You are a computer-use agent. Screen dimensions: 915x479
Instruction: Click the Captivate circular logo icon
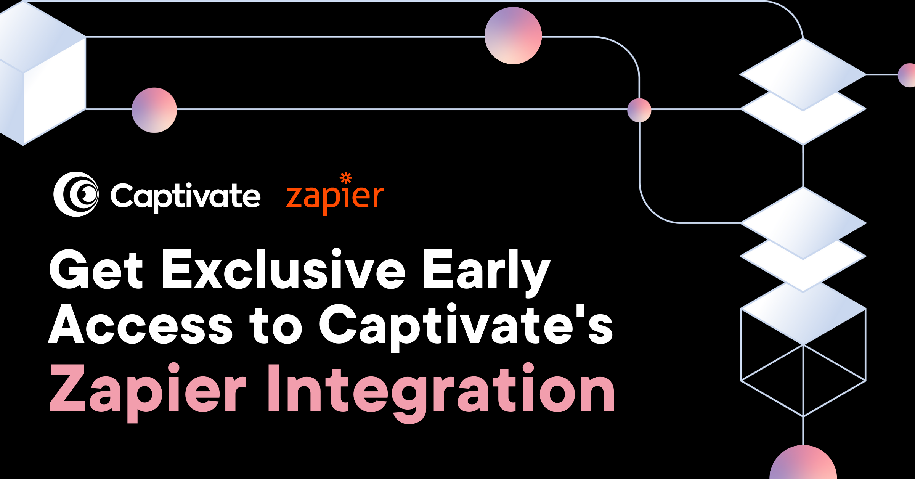[x=76, y=194]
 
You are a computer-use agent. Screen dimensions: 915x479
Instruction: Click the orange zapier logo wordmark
[x=335, y=194]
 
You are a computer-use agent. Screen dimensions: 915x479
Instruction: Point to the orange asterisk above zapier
[x=346, y=178]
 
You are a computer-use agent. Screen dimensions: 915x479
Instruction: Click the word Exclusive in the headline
[x=284, y=268]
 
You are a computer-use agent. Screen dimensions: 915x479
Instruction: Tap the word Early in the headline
[x=487, y=273]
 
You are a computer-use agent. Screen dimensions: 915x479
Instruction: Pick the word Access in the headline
[x=140, y=325]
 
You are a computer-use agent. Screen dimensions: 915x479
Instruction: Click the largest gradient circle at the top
[x=513, y=35]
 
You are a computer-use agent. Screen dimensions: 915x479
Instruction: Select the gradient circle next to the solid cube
[x=154, y=110]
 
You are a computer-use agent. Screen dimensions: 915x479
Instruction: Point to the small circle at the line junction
[x=639, y=110]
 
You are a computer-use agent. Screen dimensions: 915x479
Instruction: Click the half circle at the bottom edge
[x=803, y=462]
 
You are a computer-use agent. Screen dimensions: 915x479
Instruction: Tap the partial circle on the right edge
[x=907, y=75]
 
